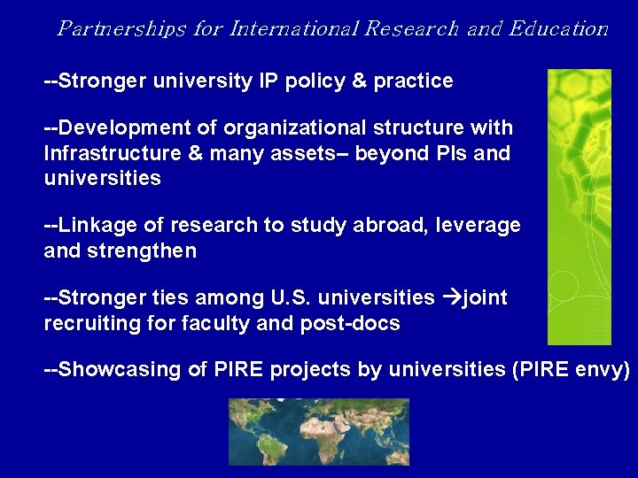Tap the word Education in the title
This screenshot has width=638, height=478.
coord(558,28)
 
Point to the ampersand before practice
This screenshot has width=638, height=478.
coord(359,81)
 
